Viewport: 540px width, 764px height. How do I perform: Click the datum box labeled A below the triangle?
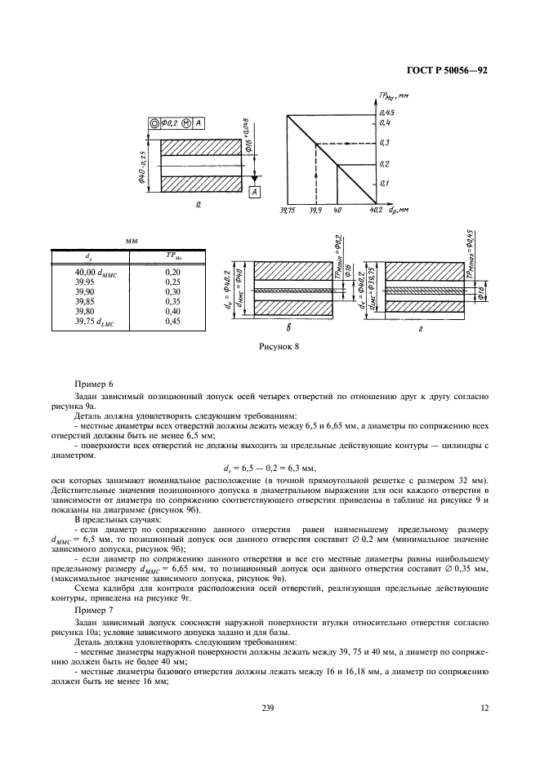point(253,192)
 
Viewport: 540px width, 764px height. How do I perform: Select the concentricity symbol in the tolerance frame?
point(154,123)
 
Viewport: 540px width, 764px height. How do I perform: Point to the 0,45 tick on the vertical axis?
point(386,111)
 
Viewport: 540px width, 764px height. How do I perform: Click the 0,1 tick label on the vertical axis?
point(386,184)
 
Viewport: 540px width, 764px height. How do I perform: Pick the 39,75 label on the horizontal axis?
point(285,211)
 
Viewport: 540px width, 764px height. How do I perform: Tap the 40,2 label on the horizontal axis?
point(376,211)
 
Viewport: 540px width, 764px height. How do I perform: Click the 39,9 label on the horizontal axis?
point(315,211)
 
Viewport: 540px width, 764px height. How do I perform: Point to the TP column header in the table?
point(172,256)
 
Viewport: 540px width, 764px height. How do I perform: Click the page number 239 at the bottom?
point(266,708)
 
